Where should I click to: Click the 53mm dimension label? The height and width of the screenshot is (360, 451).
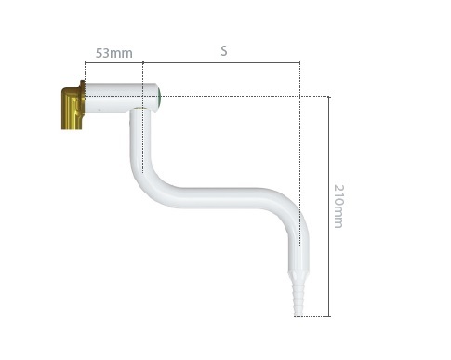tap(113, 53)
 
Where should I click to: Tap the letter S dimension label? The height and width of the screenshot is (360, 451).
tap(224, 51)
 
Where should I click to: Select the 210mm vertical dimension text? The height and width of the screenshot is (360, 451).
tap(338, 207)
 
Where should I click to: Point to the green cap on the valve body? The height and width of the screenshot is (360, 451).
tap(159, 97)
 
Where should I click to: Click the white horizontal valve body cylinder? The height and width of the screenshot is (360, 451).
tap(122, 98)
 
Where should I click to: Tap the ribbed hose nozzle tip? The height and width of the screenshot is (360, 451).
tap(298, 298)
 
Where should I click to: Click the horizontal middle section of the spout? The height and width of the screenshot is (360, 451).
tap(220, 198)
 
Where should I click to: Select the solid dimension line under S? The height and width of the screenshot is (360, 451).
tap(221, 62)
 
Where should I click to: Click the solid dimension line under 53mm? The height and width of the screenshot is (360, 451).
tap(113, 62)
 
